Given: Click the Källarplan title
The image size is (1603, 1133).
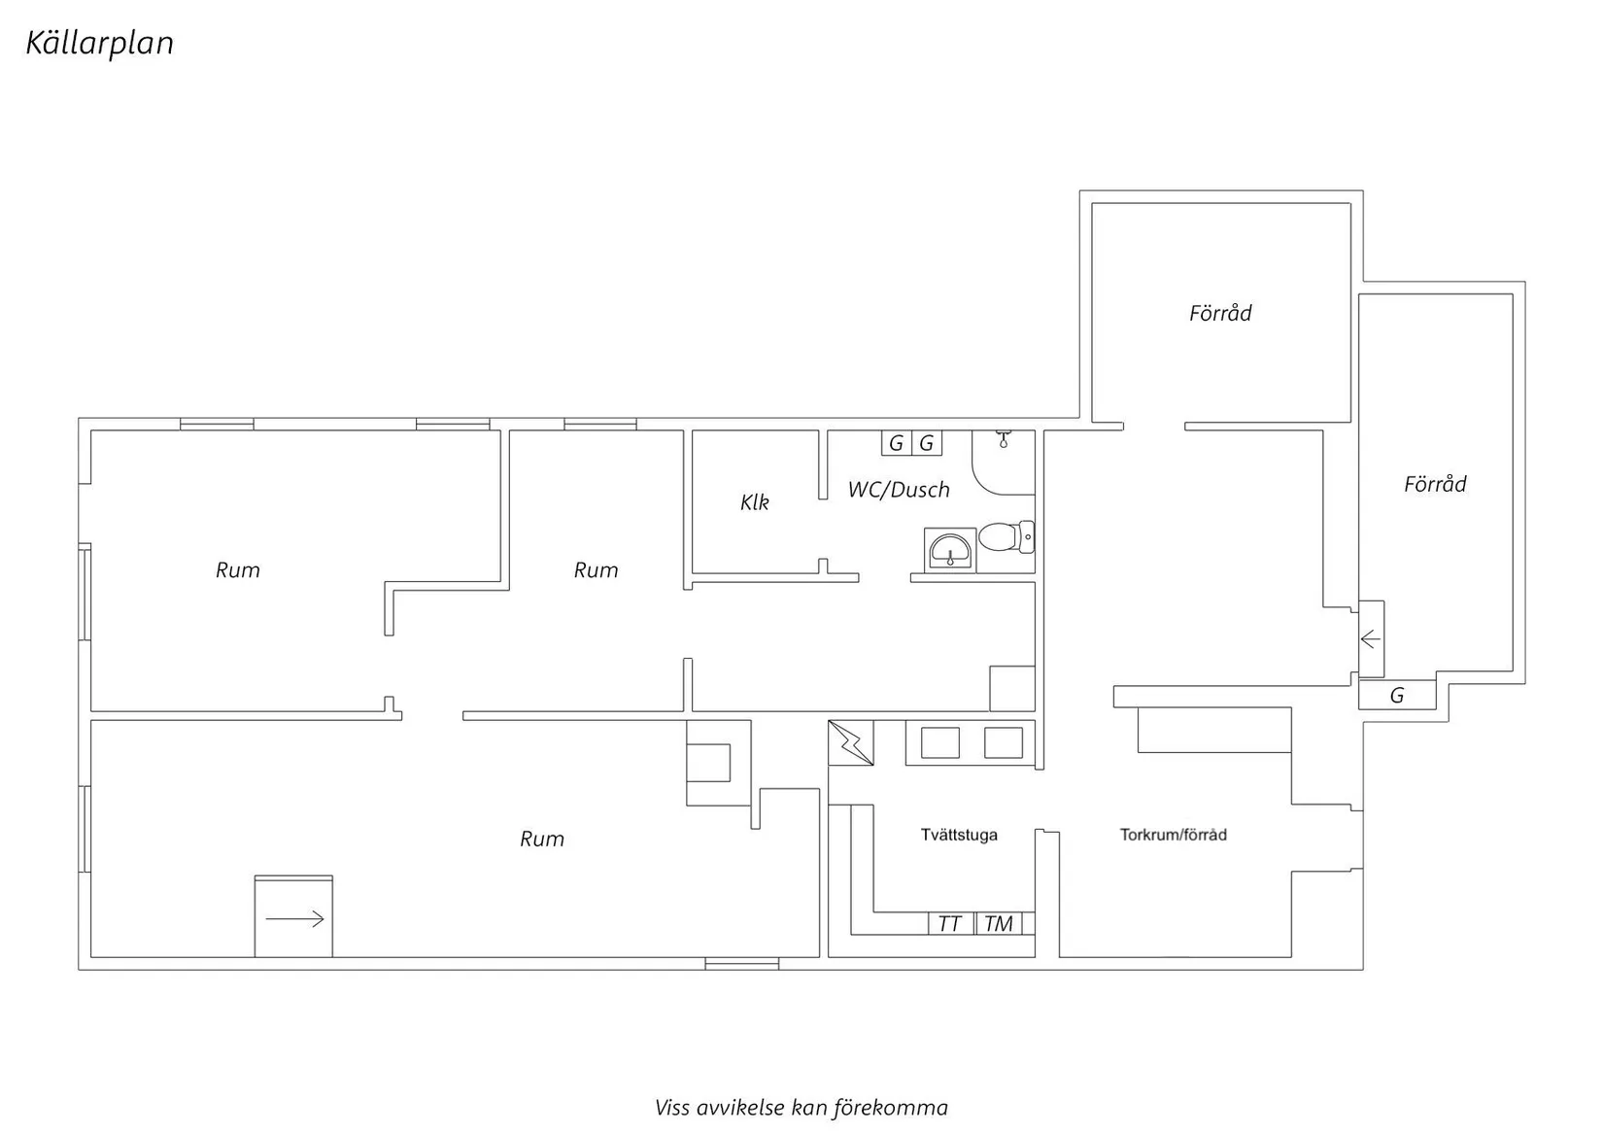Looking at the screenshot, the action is (x=99, y=43).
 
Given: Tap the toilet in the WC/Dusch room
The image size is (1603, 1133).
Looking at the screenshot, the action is (x=1006, y=536).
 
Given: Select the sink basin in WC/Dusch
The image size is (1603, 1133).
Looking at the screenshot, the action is (x=949, y=550).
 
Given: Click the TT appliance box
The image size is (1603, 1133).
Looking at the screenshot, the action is (x=950, y=923).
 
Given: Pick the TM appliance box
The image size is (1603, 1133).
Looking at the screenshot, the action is (x=999, y=923).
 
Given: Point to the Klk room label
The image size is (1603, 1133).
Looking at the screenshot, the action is (x=754, y=502).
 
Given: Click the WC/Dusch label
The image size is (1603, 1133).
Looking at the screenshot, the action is (x=899, y=490).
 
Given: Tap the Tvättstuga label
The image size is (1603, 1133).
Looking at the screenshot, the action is (x=959, y=835).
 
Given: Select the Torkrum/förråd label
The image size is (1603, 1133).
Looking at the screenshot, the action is (x=1173, y=835).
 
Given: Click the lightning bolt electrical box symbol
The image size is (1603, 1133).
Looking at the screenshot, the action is (x=851, y=742).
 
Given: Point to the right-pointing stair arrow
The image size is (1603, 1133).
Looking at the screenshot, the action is (x=294, y=919).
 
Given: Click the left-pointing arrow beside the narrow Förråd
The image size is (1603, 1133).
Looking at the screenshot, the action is (x=1370, y=638).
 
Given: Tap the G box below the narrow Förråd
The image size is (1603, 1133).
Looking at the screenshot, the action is (x=1397, y=695).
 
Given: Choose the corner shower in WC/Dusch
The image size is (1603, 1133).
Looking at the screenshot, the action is (x=1003, y=463).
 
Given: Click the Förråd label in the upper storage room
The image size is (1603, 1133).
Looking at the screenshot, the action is (x=1220, y=313).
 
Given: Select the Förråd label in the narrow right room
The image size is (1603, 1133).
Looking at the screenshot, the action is (x=1435, y=484).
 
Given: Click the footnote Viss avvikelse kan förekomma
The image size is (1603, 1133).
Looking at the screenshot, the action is (x=801, y=1108).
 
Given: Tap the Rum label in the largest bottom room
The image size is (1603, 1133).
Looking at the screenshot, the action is (x=542, y=839).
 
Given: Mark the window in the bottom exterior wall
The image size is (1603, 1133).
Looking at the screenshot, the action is (x=741, y=964).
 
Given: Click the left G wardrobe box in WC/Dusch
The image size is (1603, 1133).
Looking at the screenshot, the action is (x=896, y=443).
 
